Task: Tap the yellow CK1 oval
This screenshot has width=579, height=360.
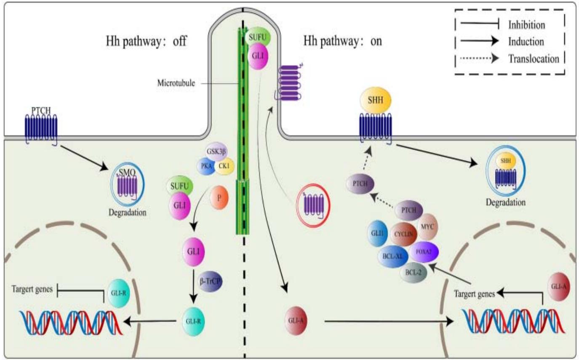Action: click(224, 166)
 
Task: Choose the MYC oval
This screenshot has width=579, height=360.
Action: click(429, 227)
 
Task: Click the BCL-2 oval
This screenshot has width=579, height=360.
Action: click(413, 272)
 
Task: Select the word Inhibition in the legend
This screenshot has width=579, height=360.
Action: click(526, 25)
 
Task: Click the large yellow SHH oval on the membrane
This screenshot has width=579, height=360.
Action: click(376, 101)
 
